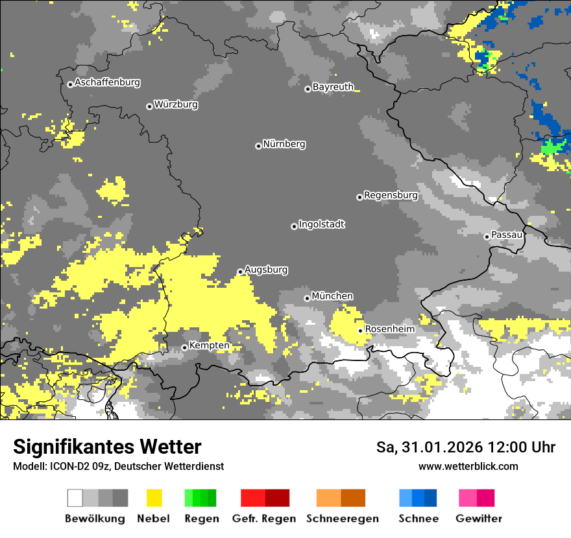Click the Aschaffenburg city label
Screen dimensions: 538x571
tap(107, 83)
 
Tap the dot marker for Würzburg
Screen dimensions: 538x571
tap(149, 106)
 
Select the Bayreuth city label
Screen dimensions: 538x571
tap(333, 87)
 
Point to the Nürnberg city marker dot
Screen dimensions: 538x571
tap(258, 146)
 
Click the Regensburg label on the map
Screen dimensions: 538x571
tap(391, 195)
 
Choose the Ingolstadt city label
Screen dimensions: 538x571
tap(321, 224)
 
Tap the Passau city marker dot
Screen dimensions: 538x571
tap(487, 237)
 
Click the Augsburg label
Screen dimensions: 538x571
tap(266, 270)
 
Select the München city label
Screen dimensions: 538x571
tap(332, 296)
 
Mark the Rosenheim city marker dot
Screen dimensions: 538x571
tap(360, 331)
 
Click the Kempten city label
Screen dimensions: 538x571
tap(209, 345)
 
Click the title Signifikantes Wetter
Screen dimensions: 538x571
tap(107, 447)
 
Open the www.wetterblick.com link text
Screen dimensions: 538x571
tap(468, 466)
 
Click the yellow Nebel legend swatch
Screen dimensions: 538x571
tap(154, 498)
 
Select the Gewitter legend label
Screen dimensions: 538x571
tap(478, 519)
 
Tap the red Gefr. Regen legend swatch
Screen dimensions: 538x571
tap(253, 498)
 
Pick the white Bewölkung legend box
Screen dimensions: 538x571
tap(75, 498)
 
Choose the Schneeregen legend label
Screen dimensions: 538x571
tap(343, 519)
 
